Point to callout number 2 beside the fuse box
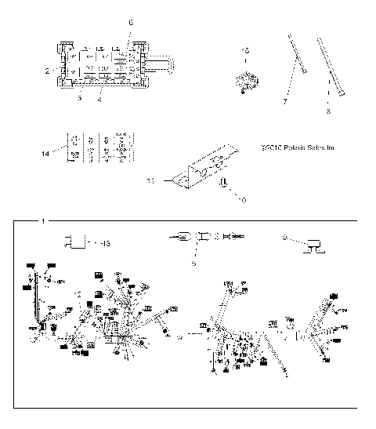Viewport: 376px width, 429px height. tap(49, 71)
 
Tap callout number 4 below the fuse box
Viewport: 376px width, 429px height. tap(99, 100)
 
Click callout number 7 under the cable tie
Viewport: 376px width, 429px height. tap(284, 102)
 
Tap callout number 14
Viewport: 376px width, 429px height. tap(45, 154)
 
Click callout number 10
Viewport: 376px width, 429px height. tap(242, 201)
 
